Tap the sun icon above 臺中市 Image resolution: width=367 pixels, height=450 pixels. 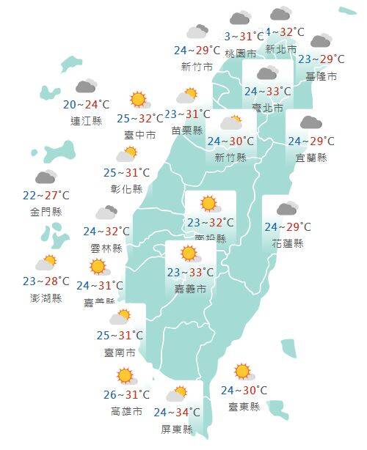point(137,100)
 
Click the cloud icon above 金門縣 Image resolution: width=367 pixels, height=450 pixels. point(46,178)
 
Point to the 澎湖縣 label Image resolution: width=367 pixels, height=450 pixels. point(47,298)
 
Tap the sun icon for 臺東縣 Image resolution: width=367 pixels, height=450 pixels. point(241,372)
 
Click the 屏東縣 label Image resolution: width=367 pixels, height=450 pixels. point(177,429)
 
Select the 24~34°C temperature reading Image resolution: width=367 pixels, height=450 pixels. point(177,413)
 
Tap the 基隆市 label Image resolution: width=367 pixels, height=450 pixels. point(322,75)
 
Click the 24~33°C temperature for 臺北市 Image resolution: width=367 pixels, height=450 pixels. point(266,92)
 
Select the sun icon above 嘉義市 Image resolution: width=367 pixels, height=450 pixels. point(189,254)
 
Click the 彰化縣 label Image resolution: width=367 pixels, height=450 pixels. point(127,188)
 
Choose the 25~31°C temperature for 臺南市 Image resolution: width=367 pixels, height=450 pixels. point(120,336)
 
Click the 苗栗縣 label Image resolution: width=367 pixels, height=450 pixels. point(186,130)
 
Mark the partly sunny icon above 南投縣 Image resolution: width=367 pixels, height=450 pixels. point(209,204)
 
